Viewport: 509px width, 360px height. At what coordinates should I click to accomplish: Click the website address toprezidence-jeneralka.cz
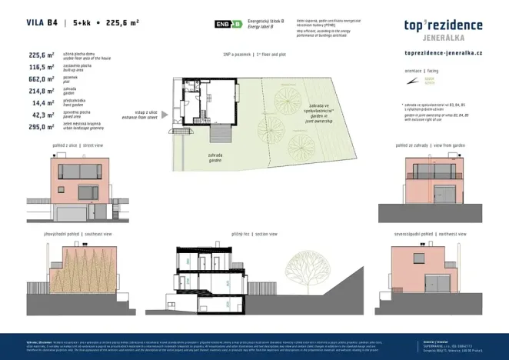[443, 52]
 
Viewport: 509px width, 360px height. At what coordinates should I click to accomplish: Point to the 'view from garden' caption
[444, 145]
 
